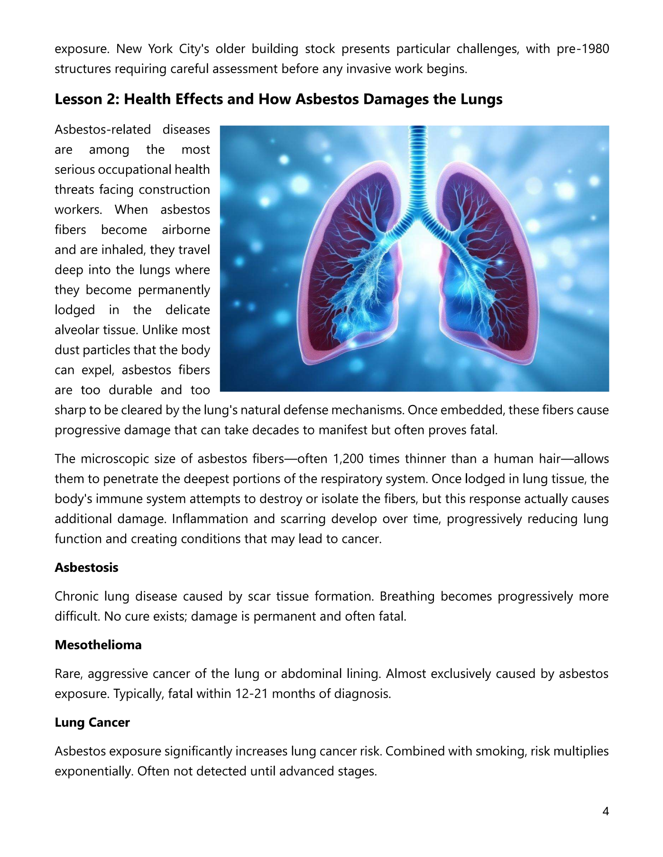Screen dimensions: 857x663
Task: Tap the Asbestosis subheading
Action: click(x=86, y=568)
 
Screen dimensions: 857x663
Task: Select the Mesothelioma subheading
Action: click(x=98, y=645)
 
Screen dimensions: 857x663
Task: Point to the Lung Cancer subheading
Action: click(x=92, y=722)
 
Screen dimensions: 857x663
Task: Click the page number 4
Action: click(x=605, y=812)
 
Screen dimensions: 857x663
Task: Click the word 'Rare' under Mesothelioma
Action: click(x=68, y=674)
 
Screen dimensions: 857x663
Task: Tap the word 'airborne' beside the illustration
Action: click(x=185, y=230)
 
